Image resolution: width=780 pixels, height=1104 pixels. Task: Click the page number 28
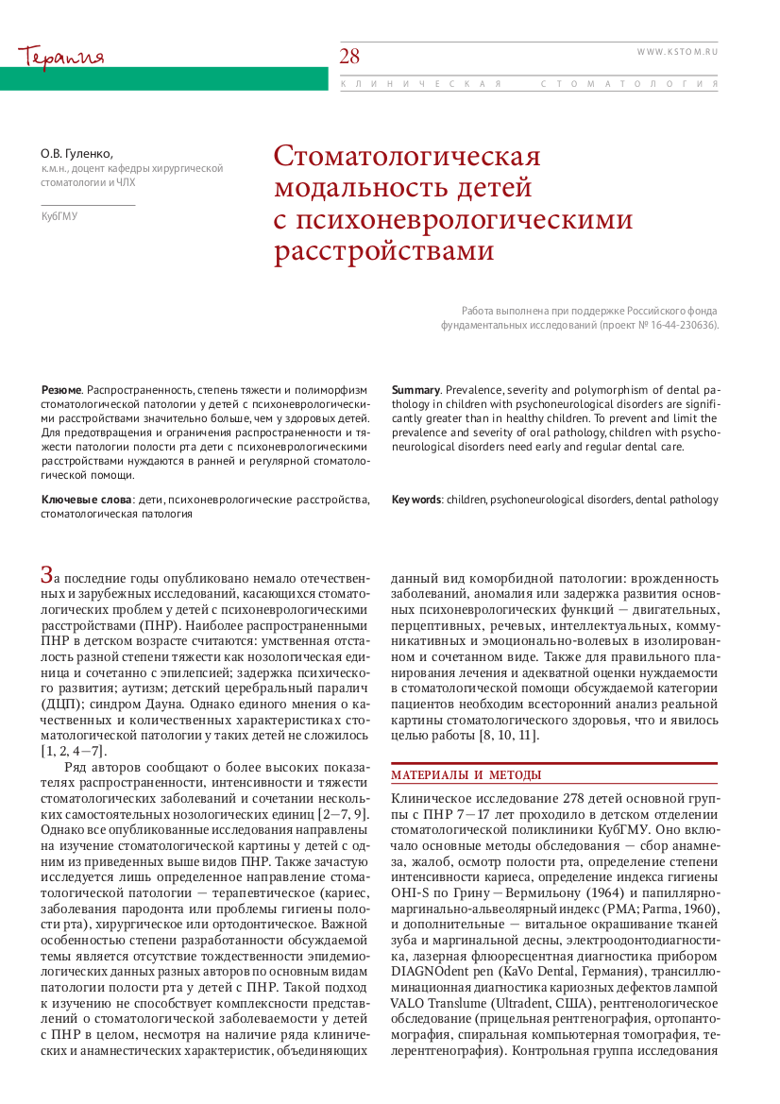coord(350,57)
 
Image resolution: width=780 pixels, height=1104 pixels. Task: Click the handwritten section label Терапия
coord(60,56)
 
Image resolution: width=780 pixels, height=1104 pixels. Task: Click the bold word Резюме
coord(61,389)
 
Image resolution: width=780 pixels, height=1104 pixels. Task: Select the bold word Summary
coord(415,389)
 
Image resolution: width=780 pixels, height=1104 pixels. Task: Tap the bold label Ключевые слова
coord(86,499)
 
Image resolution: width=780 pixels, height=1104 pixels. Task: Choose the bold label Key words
coord(416,499)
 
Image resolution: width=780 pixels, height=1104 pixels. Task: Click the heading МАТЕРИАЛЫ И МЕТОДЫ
coord(466,775)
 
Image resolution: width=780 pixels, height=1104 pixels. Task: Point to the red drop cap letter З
coord(46,573)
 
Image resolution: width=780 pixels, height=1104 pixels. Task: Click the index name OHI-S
coord(410,894)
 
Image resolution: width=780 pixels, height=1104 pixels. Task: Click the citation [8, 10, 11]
coord(511,736)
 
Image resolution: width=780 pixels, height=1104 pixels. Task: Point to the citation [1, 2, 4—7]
coord(74,751)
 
